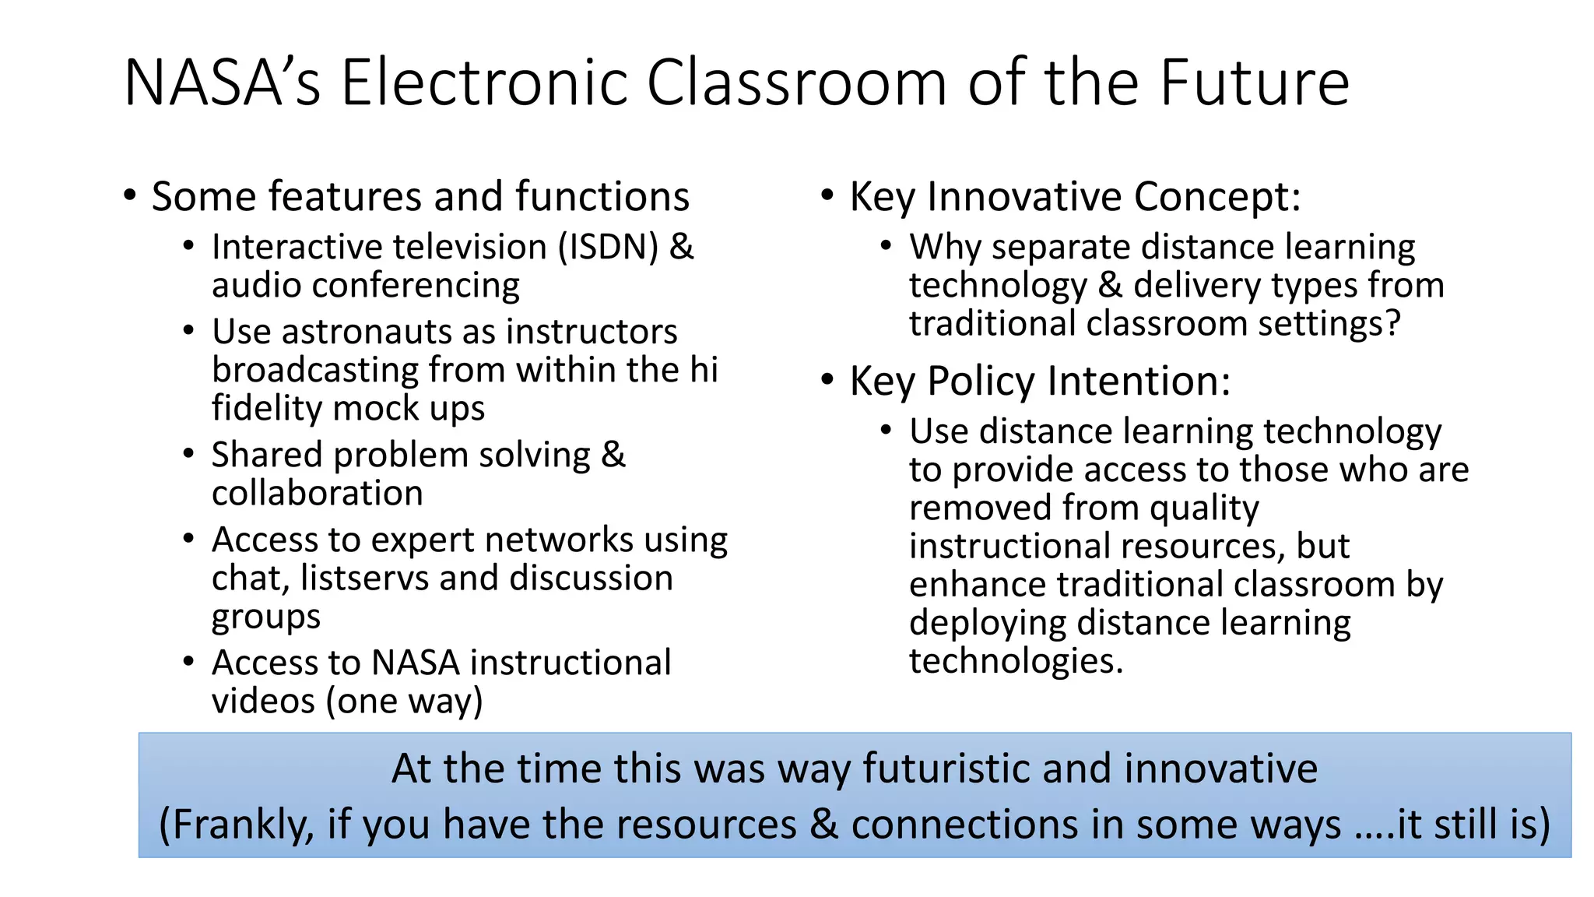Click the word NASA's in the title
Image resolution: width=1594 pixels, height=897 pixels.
click(222, 83)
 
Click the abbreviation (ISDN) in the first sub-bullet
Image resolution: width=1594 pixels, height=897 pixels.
click(608, 248)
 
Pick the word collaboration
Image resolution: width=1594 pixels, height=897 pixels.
click(317, 494)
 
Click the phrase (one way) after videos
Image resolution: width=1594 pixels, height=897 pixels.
click(405, 702)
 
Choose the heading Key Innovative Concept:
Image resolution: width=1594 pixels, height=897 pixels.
click(1075, 196)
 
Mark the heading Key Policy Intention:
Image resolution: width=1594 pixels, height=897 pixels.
click(1040, 382)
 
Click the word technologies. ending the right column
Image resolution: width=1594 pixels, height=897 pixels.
click(1016, 662)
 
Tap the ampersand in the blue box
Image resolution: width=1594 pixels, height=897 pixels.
click(823, 825)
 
